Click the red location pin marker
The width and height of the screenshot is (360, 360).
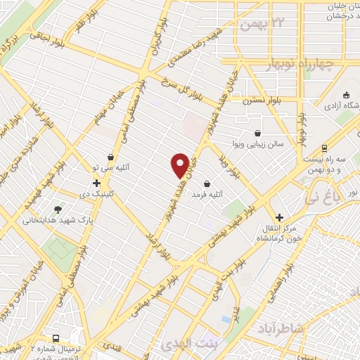(x=180, y=165)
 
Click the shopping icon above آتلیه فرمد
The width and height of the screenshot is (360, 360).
(x=207, y=184)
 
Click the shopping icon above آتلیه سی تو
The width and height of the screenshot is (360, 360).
(x=110, y=157)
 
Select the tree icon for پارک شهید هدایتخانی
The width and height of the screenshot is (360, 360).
(x=58, y=209)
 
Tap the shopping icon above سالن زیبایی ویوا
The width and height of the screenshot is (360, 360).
(x=258, y=132)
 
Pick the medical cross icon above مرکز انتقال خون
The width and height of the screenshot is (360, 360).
(x=279, y=217)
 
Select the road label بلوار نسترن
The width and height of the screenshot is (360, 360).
(x=263, y=101)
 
